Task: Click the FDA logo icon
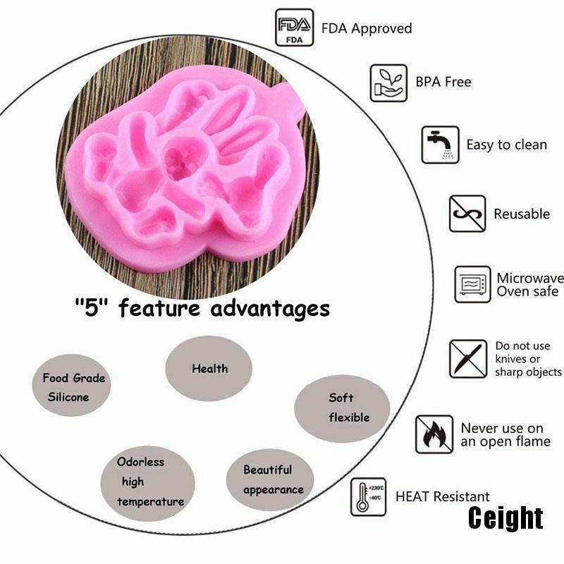(x=294, y=27)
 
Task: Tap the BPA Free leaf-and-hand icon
(x=388, y=83)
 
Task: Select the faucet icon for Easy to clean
(x=440, y=145)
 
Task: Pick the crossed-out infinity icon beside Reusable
(x=467, y=214)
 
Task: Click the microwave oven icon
(x=472, y=284)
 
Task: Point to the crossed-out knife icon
(x=468, y=359)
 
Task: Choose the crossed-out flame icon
(x=434, y=434)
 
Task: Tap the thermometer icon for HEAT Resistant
(x=368, y=497)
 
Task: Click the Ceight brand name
(x=505, y=518)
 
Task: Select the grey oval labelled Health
(x=209, y=368)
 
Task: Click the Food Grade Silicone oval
(x=71, y=385)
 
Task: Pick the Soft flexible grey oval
(x=342, y=408)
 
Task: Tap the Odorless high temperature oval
(x=147, y=483)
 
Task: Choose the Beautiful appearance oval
(x=270, y=479)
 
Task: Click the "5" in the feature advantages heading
(x=92, y=307)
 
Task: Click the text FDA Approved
(x=367, y=28)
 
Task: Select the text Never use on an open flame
(x=505, y=435)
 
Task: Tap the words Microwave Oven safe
(x=530, y=285)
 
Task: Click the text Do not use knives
(x=522, y=352)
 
